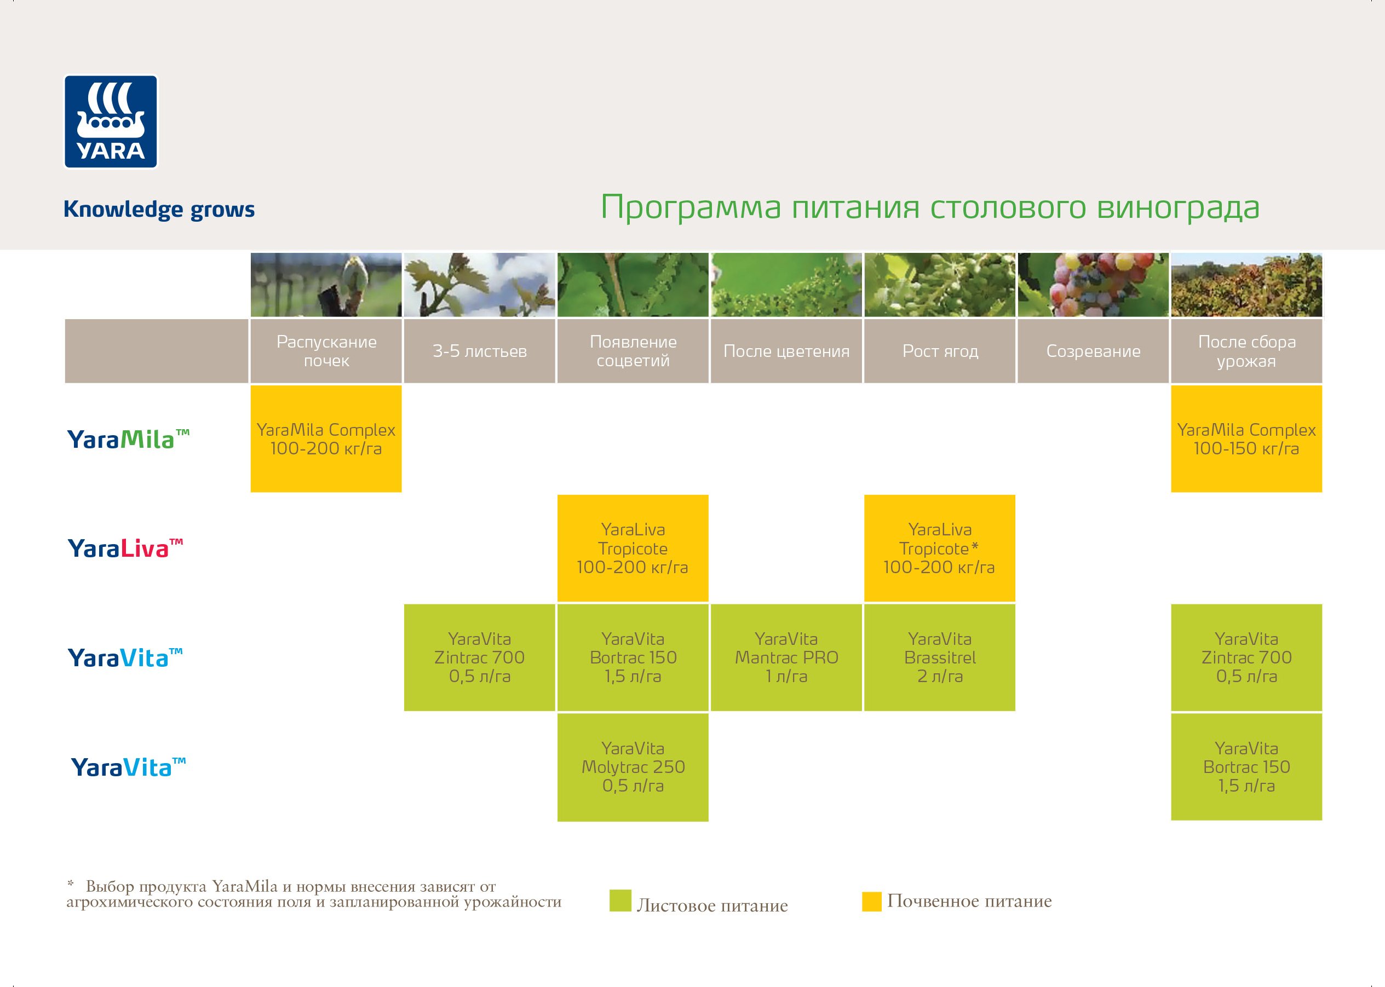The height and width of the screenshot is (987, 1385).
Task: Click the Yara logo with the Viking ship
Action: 111,122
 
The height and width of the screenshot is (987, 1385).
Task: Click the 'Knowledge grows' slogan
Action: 159,209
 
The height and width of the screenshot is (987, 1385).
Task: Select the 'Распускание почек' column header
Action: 326,351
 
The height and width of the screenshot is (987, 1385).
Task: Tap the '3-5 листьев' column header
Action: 479,351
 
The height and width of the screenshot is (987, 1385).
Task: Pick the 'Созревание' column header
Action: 1093,351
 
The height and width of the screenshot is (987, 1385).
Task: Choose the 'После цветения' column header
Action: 785,351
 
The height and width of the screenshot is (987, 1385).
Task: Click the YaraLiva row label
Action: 125,548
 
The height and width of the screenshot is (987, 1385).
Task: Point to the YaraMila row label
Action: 128,439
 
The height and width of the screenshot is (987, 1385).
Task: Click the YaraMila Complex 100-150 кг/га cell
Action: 1246,439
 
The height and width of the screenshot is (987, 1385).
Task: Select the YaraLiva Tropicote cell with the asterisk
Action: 939,548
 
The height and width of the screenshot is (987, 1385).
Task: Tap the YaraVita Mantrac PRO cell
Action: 785,657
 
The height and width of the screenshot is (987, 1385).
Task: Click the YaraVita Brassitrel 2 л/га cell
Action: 939,657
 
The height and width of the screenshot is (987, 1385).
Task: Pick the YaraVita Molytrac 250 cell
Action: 633,767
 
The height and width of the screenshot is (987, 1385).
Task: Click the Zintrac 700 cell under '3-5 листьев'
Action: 479,657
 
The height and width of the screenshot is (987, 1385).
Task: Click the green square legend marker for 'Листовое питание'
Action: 619,901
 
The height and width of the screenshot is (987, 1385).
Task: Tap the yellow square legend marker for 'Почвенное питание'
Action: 871,901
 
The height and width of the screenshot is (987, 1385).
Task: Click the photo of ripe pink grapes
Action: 1093,285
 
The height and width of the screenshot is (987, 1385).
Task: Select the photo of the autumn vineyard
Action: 1246,285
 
